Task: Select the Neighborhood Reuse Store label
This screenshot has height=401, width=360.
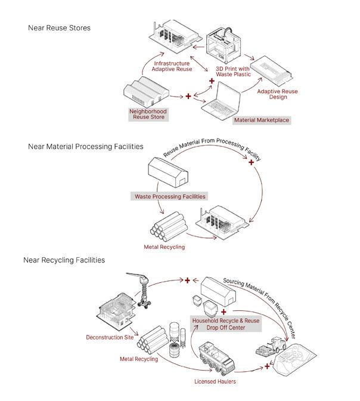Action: click(148, 114)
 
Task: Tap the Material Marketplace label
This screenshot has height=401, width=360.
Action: click(262, 120)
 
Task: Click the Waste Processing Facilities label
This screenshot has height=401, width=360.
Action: click(169, 196)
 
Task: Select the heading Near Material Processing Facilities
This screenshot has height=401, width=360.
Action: click(85, 147)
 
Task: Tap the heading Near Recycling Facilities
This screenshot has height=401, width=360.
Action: click(64, 260)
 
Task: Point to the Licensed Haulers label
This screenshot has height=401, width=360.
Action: click(215, 380)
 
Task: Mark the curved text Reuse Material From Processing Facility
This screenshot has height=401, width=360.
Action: click(212, 151)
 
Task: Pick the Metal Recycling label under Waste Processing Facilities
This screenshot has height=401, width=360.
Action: click(165, 246)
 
